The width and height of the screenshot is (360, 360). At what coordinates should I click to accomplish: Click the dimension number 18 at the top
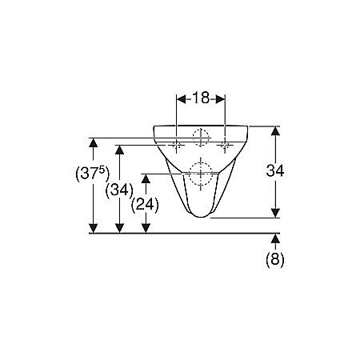point(200,98)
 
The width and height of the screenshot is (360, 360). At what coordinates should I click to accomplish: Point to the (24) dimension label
point(145,204)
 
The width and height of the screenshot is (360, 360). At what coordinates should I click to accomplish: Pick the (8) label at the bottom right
point(275,258)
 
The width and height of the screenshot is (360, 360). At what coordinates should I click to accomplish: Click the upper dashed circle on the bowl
point(200,136)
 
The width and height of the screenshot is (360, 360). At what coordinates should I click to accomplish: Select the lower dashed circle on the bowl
point(200,171)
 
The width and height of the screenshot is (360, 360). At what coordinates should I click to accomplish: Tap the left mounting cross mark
point(176,145)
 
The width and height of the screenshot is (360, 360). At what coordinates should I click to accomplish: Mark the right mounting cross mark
point(225,145)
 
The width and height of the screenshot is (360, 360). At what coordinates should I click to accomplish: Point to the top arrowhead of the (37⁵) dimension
point(94,142)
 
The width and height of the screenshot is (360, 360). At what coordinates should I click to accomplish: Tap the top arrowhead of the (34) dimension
point(120,150)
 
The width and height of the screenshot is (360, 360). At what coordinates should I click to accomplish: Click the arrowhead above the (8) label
point(275,238)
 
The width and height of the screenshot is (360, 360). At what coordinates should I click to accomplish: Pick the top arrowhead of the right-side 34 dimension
point(275,131)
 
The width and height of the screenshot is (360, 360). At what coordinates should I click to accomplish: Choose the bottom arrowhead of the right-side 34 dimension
point(275,212)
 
